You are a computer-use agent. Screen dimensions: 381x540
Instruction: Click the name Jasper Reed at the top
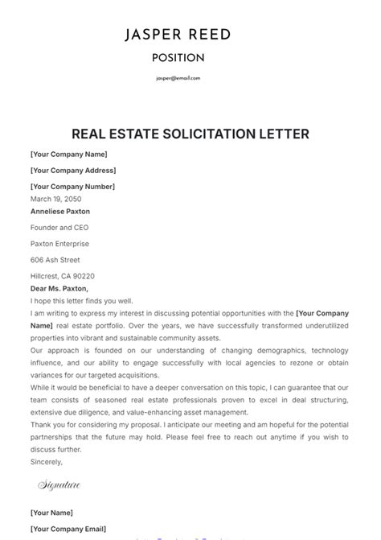[x=178, y=35]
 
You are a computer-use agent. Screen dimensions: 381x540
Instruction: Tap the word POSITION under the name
[x=178, y=58]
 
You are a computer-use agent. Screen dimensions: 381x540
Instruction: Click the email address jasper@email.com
[x=178, y=78]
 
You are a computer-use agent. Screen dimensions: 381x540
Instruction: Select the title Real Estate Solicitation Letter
[x=190, y=134]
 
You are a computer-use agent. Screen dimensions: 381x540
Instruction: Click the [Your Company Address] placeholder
[x=73, y=171]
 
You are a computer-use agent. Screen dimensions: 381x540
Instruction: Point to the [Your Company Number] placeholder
[x=72, y=187]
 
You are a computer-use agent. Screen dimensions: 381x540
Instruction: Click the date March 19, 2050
[x=55, y=199]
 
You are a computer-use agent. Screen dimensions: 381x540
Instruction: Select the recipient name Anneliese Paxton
[x=60, y=212]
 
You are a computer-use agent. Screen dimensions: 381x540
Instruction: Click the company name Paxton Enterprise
[x=59, y=244]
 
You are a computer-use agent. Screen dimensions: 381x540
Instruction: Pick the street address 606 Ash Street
[x=55, y=260]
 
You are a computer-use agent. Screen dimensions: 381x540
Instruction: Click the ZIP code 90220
[x=83, y=276]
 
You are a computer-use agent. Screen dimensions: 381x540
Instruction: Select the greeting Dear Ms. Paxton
[x=59, y=288]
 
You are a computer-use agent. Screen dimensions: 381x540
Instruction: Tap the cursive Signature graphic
[x=59, y=486]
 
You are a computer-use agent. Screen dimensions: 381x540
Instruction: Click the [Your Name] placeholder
[x=51, y=513]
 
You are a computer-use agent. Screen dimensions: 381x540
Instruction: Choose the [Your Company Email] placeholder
[x=68, y=529]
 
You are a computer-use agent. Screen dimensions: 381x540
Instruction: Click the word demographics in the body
[x=257, y=352]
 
